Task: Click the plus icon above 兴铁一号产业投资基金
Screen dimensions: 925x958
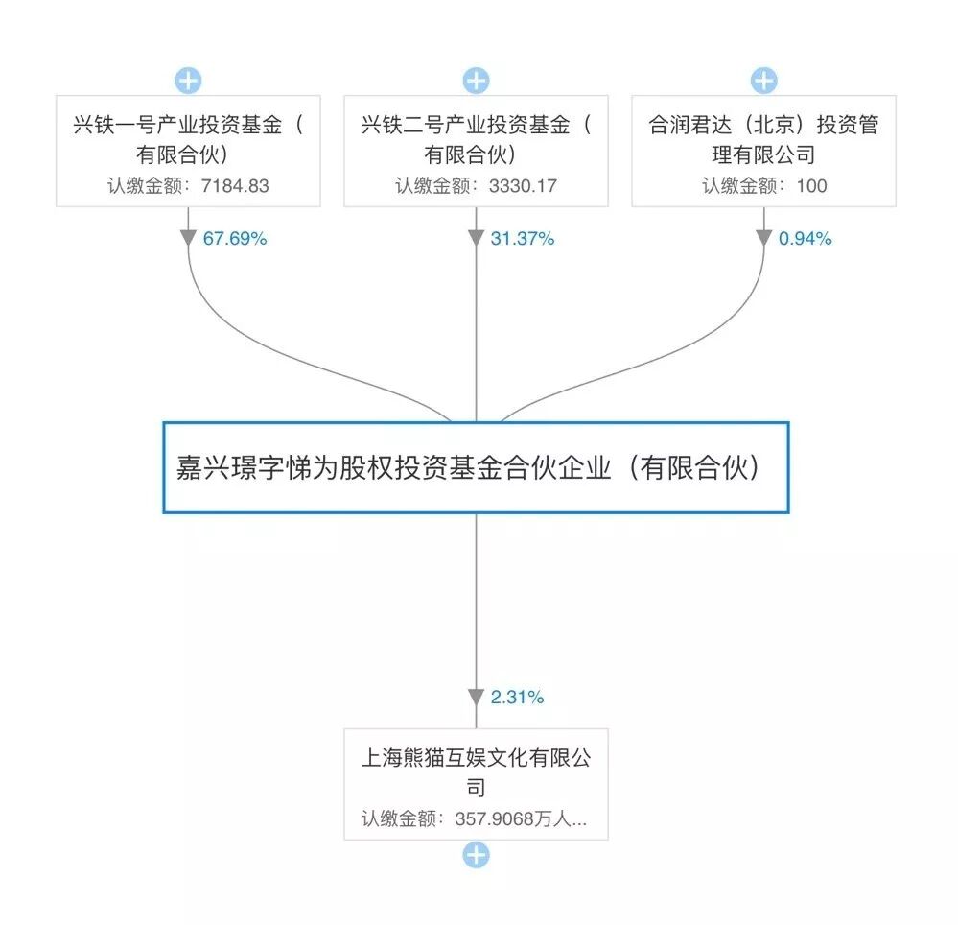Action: (x=188, y=81)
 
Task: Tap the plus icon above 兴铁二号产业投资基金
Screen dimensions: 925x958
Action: (x=476, y=81)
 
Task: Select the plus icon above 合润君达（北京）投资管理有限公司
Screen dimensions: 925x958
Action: (x=763, y=81)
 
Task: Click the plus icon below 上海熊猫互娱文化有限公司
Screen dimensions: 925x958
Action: (x=476, y=855)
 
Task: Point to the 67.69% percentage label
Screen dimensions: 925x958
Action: (x=234, y=239)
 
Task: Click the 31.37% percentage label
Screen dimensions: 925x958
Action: (x=522, y=239)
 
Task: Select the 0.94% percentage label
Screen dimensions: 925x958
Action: (x=805, y=239)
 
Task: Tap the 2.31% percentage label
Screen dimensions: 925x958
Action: (x=517, y=698)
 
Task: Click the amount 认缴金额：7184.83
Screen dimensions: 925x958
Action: (x=188, y=185)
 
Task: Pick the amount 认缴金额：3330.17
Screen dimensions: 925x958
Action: (x=476, y=185)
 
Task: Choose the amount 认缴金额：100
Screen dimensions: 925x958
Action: (x=763, y=185)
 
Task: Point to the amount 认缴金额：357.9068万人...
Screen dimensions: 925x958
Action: (x=474, y=819)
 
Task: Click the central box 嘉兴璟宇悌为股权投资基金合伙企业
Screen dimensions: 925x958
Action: (x=476, y=467)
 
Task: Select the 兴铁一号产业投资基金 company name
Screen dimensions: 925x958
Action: (x=188, y=139)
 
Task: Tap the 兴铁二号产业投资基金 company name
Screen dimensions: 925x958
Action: (x=476, y=139)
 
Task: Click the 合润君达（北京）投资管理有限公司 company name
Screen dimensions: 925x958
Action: (x=763, y=139)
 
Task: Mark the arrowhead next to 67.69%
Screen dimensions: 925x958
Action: (x=188, y=238)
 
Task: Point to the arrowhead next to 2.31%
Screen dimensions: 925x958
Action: (x=476, y=698)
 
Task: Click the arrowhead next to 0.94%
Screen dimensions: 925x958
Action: (x=763, y=238)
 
